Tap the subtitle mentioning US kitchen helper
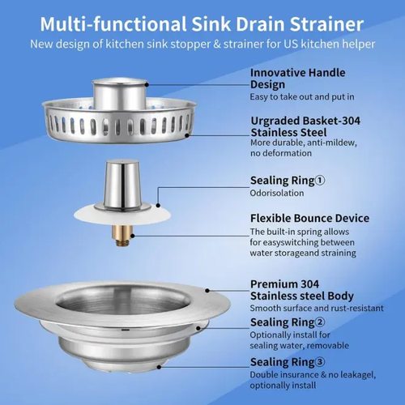click(202, 43)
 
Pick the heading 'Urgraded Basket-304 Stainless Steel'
click(305, 126)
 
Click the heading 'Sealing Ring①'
click(288, 180)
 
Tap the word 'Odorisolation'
click(273, 193)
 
